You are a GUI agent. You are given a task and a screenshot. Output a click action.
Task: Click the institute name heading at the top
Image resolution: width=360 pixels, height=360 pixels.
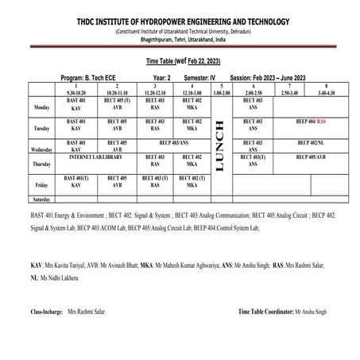(180, 21)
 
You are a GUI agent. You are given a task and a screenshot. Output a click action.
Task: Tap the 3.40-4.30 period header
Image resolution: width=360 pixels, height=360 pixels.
(329, 92)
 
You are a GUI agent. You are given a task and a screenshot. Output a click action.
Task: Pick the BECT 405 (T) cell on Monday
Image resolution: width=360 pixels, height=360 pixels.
(117, 103)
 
